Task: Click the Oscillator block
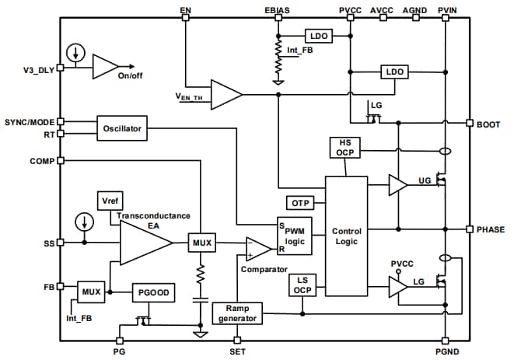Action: tap(121, 128)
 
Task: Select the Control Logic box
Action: tap(346, 236)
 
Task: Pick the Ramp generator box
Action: tap(237, 313)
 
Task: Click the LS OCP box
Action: tap(302, 285)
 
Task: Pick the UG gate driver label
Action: tap(424, 180)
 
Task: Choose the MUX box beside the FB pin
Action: tap(92, 292)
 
